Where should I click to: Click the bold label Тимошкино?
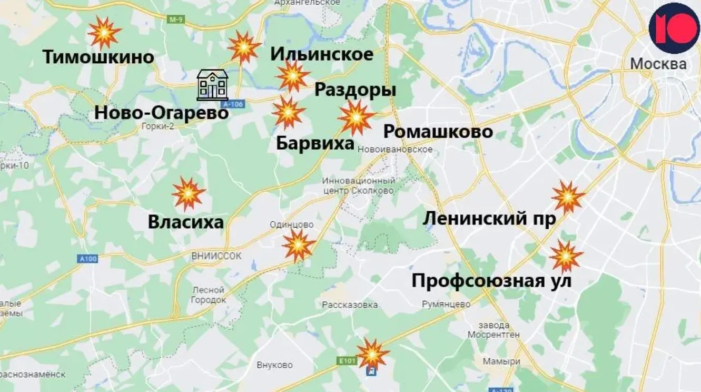(98, 57)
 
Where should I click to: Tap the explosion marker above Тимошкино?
(104, 33)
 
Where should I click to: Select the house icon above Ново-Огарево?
(212, 84)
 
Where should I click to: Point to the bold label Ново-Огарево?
(161, 112)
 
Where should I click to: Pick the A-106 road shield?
(233, 104)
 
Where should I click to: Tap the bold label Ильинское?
(322, 54)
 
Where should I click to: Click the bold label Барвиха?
(315, 143)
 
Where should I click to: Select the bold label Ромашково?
(438, 131)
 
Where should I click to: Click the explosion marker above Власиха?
(188, 193)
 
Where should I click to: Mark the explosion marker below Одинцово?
(298, 245)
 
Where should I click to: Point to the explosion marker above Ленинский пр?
(568, 197)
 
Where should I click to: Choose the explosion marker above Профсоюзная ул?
(566, 257)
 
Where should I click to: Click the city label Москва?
(658, 64)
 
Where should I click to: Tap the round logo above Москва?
(674, 27)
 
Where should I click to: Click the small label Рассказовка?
(350, 305)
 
